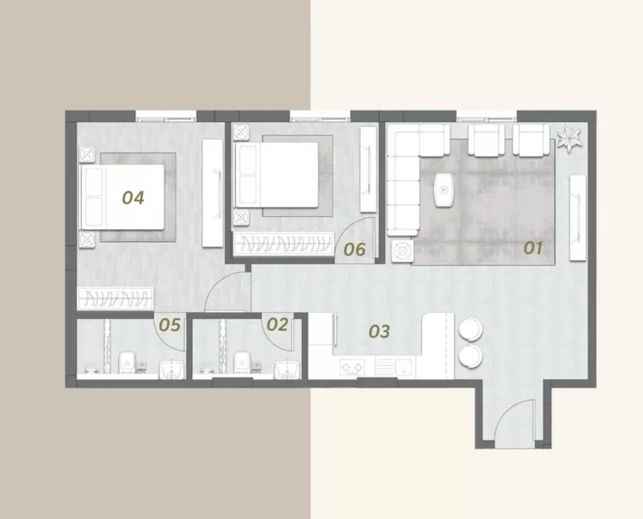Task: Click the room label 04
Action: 133,198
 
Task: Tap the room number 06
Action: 354,249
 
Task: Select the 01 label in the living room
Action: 533,248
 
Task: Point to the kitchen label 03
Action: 379,331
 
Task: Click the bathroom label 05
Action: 170,325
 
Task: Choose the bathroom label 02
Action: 277,324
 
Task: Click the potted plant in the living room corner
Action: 569,138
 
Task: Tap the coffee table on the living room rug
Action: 444,190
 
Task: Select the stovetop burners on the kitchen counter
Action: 352,366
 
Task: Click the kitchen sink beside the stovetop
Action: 395,366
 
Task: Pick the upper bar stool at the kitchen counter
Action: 471,329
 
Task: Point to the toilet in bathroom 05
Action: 128,362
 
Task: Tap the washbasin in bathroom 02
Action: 287,369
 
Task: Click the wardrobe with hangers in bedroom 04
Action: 116,298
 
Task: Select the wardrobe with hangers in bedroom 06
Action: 284,244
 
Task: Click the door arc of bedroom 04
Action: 221,285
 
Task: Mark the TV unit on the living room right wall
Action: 578,217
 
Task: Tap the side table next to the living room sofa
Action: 402,251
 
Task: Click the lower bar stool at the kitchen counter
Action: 471,356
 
